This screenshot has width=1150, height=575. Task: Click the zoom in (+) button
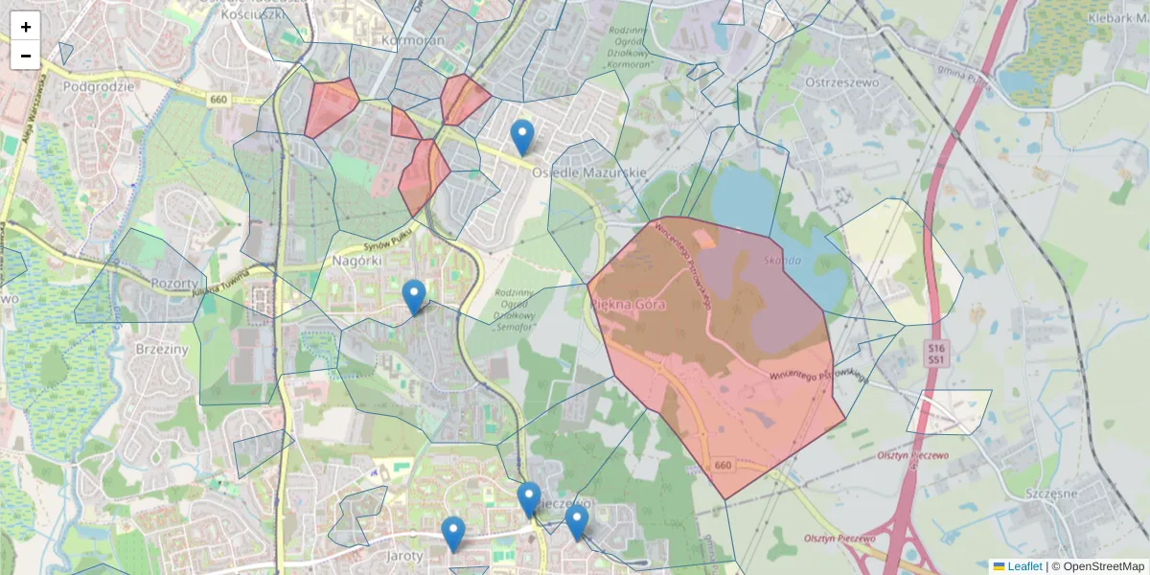(x=26, y=27)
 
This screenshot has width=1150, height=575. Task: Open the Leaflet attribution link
(x=1023, y=566)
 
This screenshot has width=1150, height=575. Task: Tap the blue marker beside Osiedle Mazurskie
(x=521, y=138)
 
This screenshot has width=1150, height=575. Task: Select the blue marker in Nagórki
(x=414, y=297)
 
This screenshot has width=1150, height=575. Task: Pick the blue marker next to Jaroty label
(x=453, y=534)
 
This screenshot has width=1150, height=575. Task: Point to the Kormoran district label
(x=413, y=41)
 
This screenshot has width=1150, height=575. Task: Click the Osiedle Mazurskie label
(x=589, y=172)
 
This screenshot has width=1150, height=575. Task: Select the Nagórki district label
(x=357, y=260)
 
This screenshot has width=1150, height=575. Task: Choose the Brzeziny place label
(x=162, y=350)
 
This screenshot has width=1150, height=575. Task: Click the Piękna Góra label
(x=629, y=303)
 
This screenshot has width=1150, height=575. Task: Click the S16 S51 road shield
(x=936, y=352)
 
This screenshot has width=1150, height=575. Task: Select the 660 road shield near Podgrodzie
(x=218, y=99)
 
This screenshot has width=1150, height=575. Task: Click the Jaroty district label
(x=403, y=555)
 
